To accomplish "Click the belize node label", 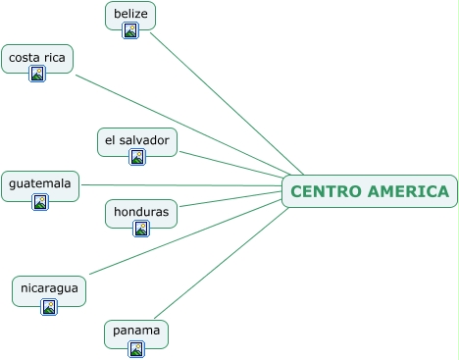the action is [130, 14].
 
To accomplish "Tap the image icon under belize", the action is [130, 30].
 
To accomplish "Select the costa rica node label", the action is [37, 58].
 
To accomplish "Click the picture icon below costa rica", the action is [37, 74].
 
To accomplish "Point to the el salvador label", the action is [137, 140].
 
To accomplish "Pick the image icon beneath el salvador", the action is [137, 157].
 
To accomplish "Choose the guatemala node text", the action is [40, 183].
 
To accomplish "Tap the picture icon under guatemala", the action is [40, 202].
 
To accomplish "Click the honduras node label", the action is [141, 212].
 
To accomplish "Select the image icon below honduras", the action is [141, 229].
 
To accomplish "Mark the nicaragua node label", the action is [49, 288].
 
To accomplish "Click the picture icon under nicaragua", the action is [49, 307].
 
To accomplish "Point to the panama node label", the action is [136, 331].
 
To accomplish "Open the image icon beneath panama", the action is [136, 349].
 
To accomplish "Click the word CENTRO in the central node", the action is [326, 191].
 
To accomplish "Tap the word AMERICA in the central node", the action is [408, 191].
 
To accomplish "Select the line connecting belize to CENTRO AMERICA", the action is [227, 104].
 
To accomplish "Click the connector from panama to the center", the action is [222, 263].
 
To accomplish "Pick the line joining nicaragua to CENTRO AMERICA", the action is [185, 237].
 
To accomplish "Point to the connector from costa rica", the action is [182, 125].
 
